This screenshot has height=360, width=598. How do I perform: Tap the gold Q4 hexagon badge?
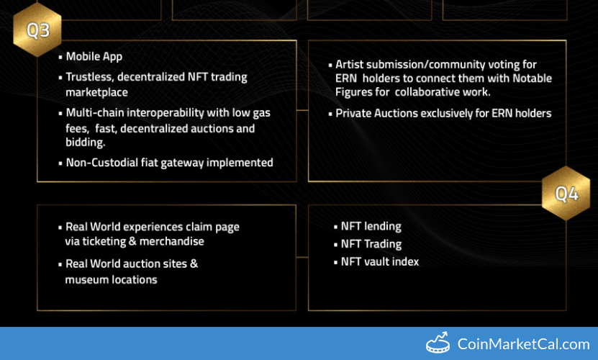tap(566, 193)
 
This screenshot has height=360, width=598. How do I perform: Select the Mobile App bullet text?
tap(94, 56)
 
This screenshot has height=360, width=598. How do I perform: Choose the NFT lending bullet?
tap(371, 227)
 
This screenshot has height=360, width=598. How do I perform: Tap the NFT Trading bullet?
tap(371, 244)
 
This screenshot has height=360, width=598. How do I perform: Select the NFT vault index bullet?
tap(380, 261)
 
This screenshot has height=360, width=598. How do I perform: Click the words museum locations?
tap(111, 279)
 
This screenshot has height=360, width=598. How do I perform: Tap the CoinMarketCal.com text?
tap(524, 344)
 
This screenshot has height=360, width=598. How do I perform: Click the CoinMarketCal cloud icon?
tap(439, 343)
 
